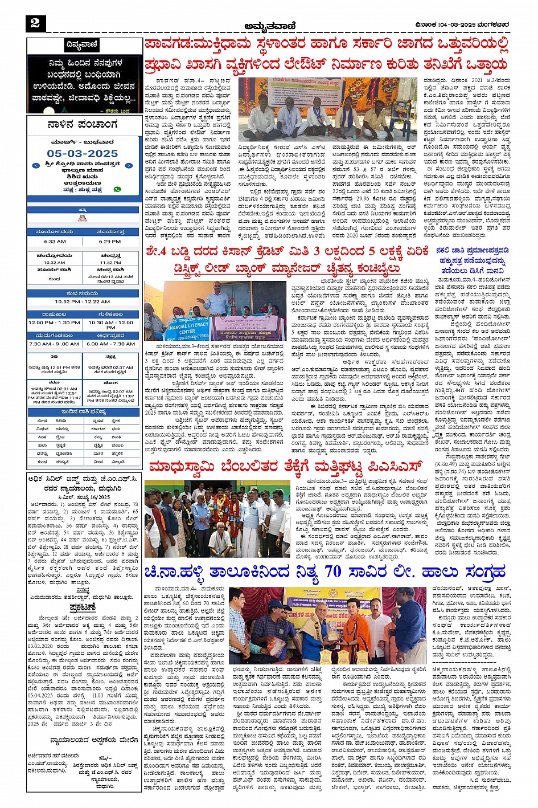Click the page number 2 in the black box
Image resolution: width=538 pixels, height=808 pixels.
tap(35, 23)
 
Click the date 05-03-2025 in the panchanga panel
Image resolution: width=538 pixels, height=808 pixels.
tap(83, 153)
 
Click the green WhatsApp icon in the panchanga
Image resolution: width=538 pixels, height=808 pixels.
tap(117, 189)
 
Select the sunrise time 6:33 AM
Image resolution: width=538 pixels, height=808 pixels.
tap(55, 241)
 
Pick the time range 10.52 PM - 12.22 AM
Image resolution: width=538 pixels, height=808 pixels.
tap(83, 301)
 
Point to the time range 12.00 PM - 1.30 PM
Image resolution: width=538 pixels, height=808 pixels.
tap(55, 323)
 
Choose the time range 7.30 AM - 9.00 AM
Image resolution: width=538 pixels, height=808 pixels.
tap(55, 344)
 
